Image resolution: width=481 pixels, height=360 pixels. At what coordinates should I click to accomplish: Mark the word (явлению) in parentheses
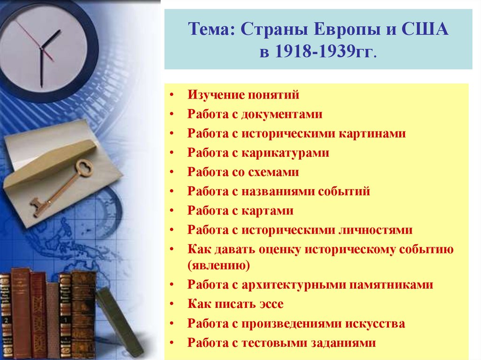[x=219, y=266]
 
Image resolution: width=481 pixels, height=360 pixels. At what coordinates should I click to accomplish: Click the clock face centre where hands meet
[x=42, y=49]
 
